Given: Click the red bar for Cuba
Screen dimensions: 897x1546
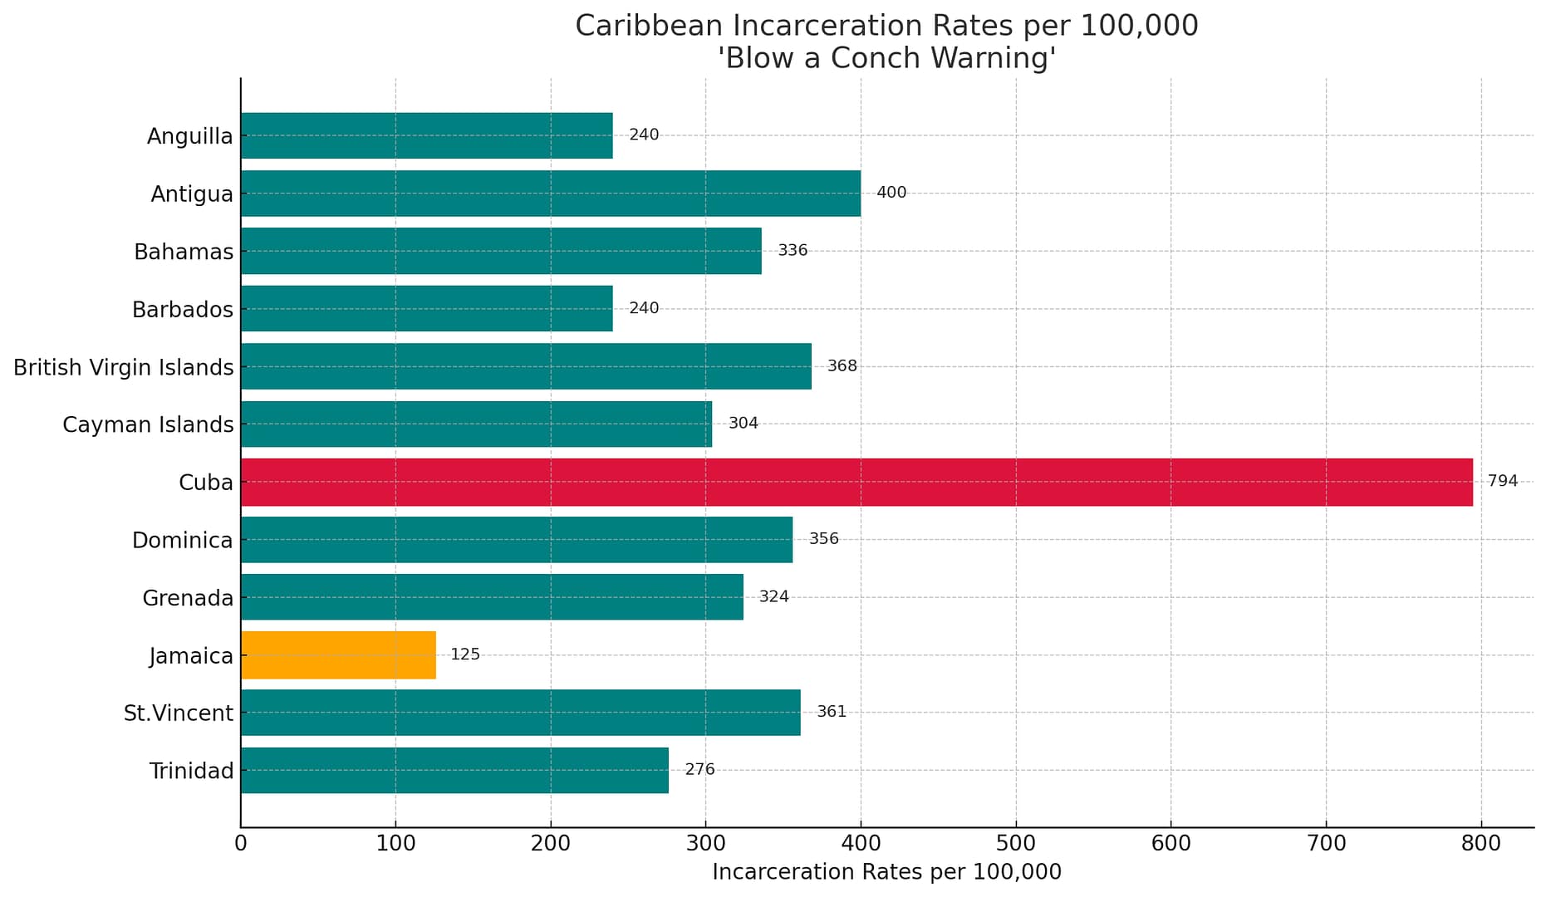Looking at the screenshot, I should [856, 482].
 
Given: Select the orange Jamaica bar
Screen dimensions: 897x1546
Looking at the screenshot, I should [338, 654].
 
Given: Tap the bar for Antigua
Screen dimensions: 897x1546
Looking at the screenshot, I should [550, 194].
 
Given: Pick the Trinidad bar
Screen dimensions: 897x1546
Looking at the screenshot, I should [454, 770].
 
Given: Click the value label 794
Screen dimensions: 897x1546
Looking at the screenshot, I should [1502, 481].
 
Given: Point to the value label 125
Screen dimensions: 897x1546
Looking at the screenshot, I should [465, 654].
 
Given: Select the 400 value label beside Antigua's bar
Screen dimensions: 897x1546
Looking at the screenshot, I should [891, 193].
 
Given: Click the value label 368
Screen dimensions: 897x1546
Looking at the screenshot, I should [842, 366].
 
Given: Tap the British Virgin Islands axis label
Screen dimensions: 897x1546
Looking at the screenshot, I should [124, 367].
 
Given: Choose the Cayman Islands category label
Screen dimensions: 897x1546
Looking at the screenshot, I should [148, 424].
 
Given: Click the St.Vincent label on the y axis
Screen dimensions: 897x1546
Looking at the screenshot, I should [179, 713].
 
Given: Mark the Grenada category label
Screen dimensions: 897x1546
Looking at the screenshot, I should [188, 598].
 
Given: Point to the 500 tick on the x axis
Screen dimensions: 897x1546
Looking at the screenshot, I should [1015, 844].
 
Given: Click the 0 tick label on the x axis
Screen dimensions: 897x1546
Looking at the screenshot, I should [241, 844].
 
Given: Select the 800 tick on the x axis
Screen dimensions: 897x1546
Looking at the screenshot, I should [1480, 844].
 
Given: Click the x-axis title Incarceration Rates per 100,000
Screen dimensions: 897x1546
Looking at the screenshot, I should [886, 872].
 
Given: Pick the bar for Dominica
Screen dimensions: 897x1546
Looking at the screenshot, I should [516, 540].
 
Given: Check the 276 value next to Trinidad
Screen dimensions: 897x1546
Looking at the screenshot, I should [699, 770].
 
